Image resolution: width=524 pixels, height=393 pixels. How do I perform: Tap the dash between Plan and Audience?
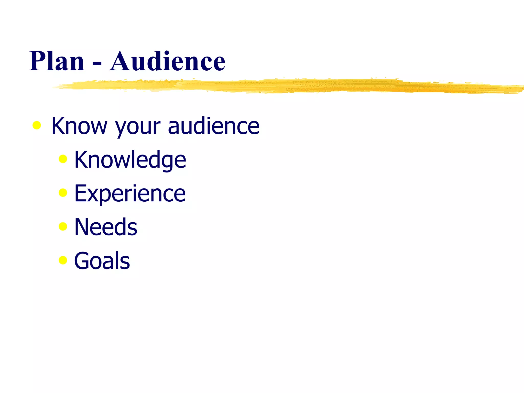click(x=97, y=63)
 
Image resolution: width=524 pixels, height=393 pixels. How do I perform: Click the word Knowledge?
click(x=130, y=160)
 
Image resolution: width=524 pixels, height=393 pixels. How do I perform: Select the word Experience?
click(x=130, y=193)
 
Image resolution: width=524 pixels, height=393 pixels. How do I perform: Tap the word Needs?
click(x=106, y=227)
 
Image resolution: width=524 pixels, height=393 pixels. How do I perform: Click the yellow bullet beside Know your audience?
click(x=37, y=125)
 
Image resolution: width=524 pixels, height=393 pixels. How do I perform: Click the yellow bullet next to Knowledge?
click(x=63, y=159)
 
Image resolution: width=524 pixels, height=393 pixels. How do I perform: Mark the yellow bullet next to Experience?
click(x=63, y=193)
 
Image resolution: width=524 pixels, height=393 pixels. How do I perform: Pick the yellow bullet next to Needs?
click(x=63, y=226)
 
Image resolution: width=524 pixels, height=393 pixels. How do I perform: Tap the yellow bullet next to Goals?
click(x=63, y=260)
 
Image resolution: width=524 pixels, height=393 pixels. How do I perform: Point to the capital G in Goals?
click(x=83, y=261)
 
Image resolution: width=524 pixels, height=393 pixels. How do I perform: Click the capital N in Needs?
click(x=82, y=227)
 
